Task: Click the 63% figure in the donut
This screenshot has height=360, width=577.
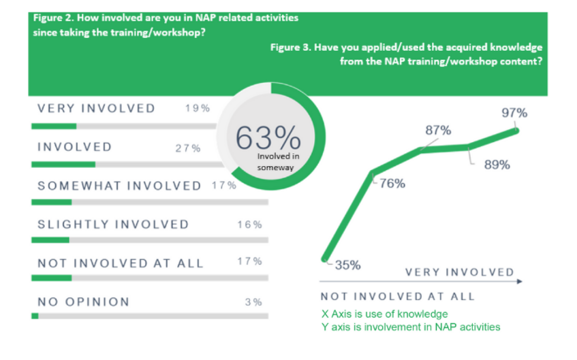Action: pyautogui.click(x=268, y=138)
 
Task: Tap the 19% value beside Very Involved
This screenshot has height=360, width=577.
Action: pyautogui.click(x=198, y=108)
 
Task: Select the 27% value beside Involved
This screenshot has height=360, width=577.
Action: pyautogui.click(x=188, y=148)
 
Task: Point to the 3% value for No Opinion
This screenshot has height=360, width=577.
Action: pyautogui.click(x=253, y=302)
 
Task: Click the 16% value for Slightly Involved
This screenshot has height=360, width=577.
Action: pyautogui.click(x=250, y=225)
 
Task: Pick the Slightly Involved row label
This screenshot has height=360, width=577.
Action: pyautogui.click(x=113, y=224)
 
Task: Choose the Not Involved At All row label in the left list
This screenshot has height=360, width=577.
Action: pyautogui.click(x=120, y=263)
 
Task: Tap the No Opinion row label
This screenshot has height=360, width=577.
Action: pyautogui.click(x=83, y=302)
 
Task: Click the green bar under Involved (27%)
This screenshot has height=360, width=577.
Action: pyautogui.click(x=63, y=164)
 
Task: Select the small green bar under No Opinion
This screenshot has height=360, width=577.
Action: pyautogui.click(x=35, y=316)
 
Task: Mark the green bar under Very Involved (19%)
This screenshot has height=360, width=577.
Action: pyautogui.click(x=54, y=126)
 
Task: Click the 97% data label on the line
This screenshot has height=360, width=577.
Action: pyautogui.click(x=514, y=113)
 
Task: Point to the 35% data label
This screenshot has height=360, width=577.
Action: pyautogui.click(x=348, y=265)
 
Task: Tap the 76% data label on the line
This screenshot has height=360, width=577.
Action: pyautogui.click(x=393, y=184)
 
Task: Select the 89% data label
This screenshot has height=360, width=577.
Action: pyautogui.click(x=497, y=165)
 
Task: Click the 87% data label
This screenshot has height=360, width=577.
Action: pyautogui.click(x=438, y=131)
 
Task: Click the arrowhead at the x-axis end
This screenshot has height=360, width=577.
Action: pyautogui.click(x=519, y=282)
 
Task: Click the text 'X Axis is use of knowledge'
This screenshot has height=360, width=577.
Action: pyautogui.click(x=384, y=314)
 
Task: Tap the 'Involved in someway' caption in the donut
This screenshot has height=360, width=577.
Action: pyautogui.click(x=275, y=162)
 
